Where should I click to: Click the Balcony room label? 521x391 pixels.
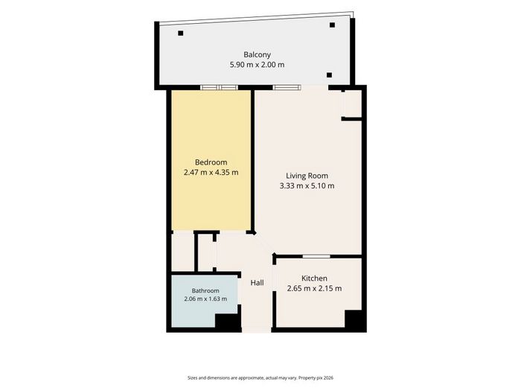(258, 54)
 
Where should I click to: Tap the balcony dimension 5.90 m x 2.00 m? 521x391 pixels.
(258, 65)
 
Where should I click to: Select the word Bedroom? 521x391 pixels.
(211, 162)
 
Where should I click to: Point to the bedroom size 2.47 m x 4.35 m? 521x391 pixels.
(211, 172)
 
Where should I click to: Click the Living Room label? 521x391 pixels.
(307, 176)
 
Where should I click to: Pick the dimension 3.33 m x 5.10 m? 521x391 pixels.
(307, 185)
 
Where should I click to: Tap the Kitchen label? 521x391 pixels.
(314, 279)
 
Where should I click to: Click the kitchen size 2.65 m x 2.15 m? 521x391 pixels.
(314, 288)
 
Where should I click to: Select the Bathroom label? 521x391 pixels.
(205, 290)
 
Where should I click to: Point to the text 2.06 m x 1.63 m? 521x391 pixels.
(205, 299)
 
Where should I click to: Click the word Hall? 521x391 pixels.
(258, 282)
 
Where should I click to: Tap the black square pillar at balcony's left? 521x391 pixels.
(180, 34)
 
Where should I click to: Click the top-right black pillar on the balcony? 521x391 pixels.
(332, 25)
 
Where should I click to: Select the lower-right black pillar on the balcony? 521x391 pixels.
(329, 75)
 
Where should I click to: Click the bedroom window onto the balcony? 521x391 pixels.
(220, 87)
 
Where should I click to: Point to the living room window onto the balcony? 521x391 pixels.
(287, 87)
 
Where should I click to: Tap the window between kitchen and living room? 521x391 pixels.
(316, 256)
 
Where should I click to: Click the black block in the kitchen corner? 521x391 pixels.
(354, 319)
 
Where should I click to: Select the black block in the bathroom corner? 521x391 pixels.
(228, 322)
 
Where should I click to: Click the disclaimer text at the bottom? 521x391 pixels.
(260, 378)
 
